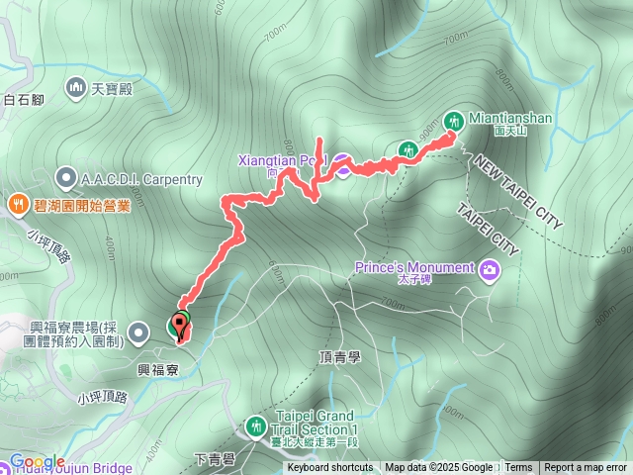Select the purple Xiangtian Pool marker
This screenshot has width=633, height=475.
(x=340, y=165)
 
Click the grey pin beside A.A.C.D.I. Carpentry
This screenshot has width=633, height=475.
(x=65, y=179)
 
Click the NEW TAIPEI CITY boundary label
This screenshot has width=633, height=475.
(x=517, y=192)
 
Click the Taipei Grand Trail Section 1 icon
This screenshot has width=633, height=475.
(x=256, y=427)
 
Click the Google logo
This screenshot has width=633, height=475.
(x=37, y=462)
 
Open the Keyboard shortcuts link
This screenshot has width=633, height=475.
(x=330, y=468)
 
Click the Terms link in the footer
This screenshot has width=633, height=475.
(x=518, y=468)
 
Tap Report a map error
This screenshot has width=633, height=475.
(x=586, y=468)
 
